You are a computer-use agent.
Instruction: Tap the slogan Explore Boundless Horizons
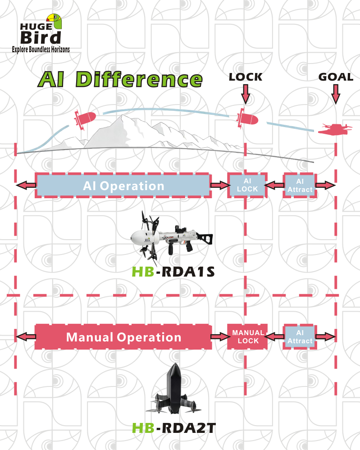[x=41, y=49]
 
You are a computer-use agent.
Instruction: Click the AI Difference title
[x=120, y=79]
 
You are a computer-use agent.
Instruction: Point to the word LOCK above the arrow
[x=245, y=77]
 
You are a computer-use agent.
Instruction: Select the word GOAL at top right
[x=336, y=77]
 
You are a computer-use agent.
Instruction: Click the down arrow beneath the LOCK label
[x=245, y=94]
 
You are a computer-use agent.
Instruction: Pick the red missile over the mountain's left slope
[x=85, y=119]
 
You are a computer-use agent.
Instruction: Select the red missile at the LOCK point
[x=247, y=118]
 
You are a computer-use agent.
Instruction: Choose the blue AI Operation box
[x=123, y=186]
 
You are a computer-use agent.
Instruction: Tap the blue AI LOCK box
[x=247, y=185]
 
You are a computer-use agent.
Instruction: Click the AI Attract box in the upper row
[x=300, y=185]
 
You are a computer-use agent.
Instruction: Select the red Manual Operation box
[x=123, y=336]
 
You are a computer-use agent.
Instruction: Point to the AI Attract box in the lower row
[x=300, y=336]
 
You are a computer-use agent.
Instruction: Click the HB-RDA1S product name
[x=173, y=272]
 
